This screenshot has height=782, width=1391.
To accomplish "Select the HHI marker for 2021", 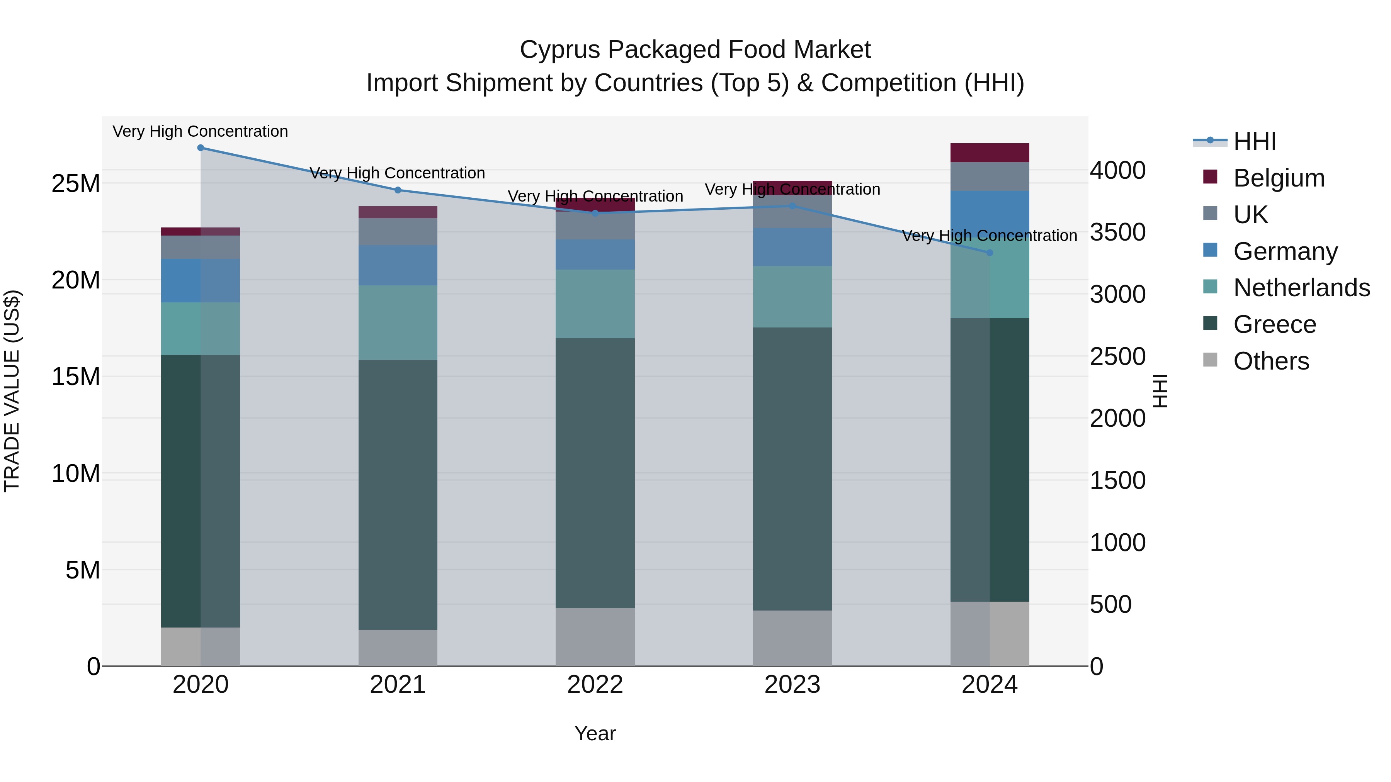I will [x=398, y=190].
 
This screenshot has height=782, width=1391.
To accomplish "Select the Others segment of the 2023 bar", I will [x=792, y=638].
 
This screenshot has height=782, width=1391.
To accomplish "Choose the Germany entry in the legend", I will [x=1285, y=251].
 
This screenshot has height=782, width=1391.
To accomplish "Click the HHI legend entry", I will [x=1254, y=141].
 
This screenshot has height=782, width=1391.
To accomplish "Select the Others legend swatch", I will [x=1210, y=360].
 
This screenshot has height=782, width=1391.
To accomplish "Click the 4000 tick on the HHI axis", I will [x=1117, y=171].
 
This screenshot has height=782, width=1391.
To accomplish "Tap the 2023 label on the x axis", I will [x=792, y=685].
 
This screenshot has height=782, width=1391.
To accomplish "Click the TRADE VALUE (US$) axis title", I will [x=12, y=391].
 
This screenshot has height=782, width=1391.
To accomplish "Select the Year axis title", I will [x=595, y=733].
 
